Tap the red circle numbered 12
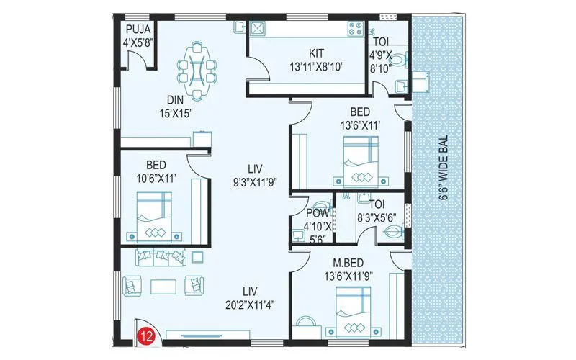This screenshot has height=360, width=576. point(148,334)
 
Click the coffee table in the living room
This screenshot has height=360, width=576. point(161,286)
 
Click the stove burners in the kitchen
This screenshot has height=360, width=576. point(356,29)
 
